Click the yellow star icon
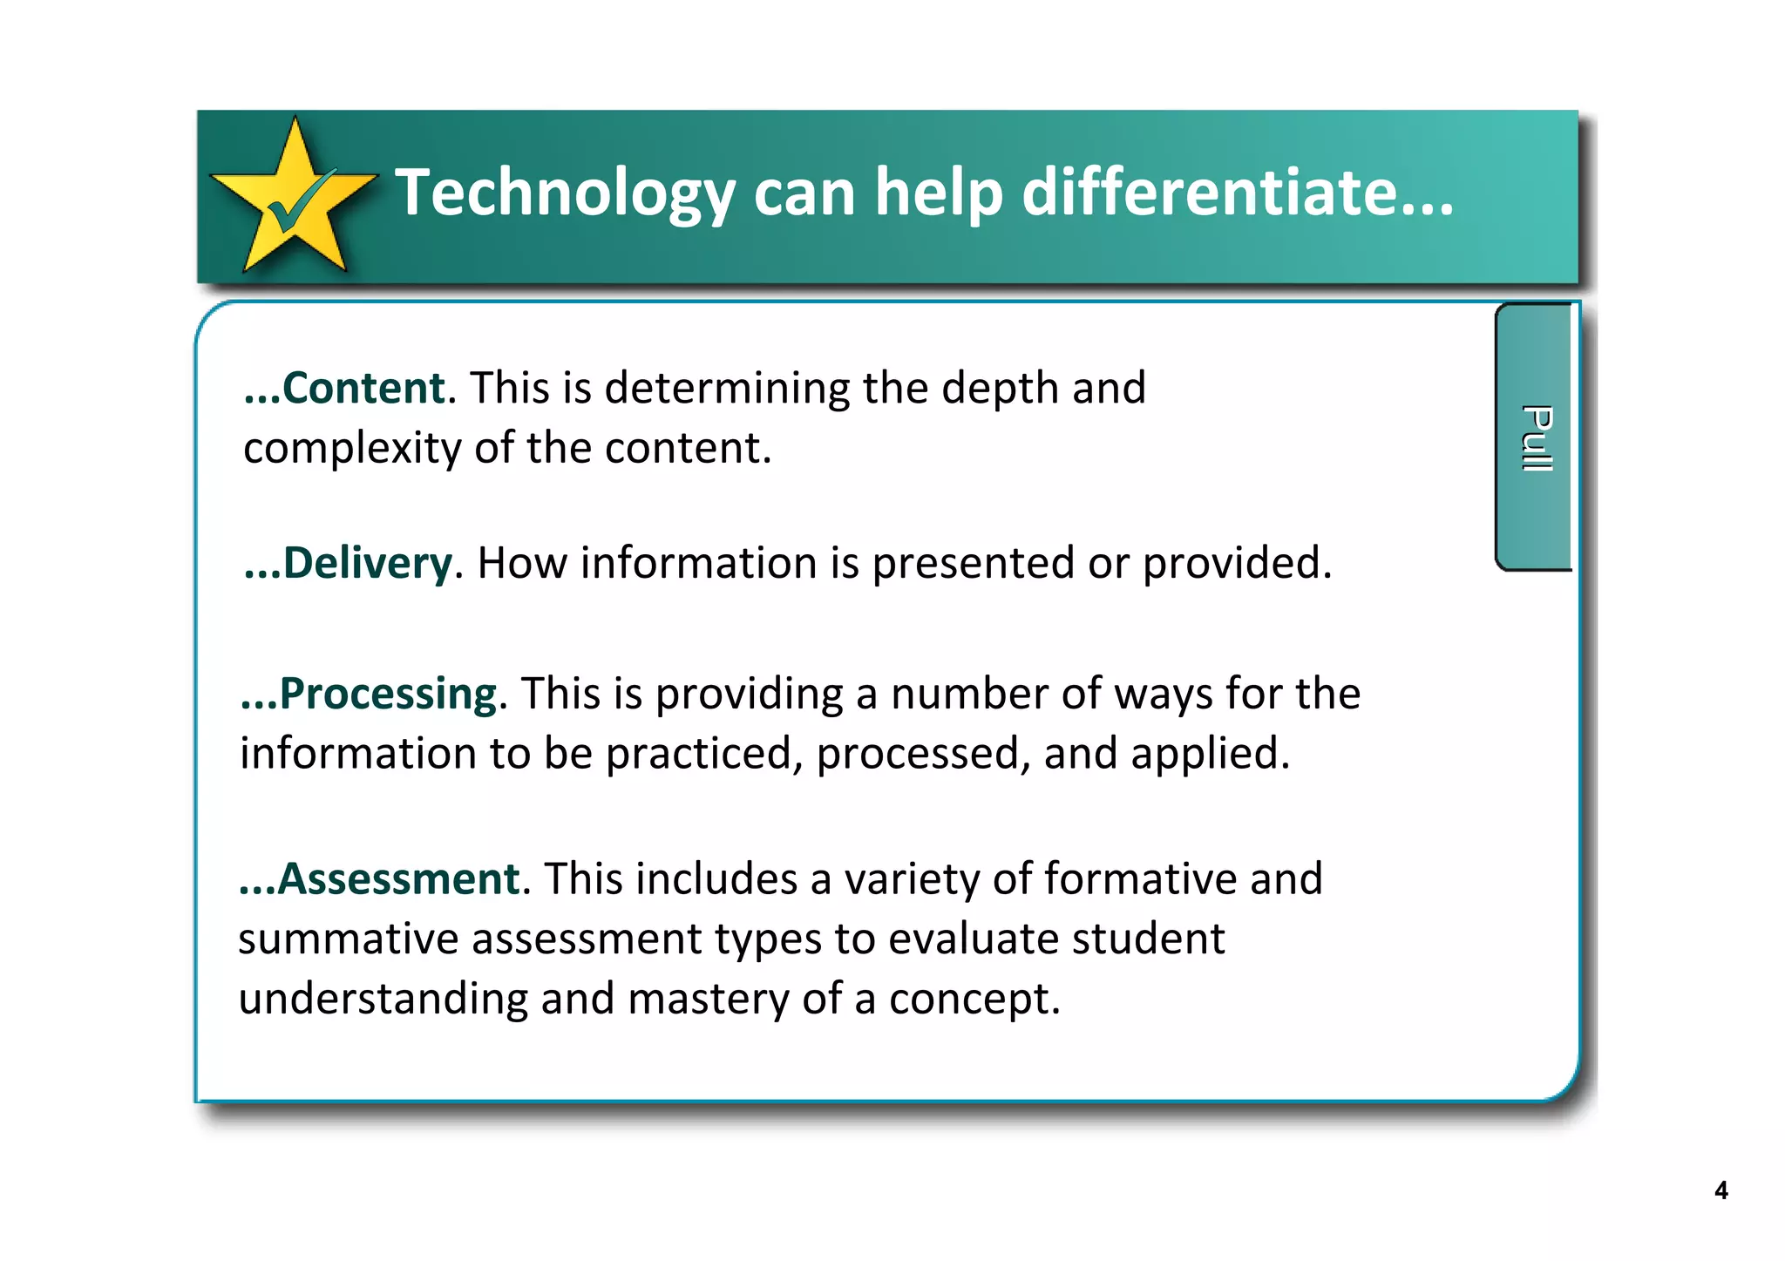click(294, 200)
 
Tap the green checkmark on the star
click(297, 202)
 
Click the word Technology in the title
click(565, 193)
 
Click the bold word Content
click(363, 388)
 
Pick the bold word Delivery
click(367, 563)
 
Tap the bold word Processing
click(388, 695)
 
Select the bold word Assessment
click(399, 878)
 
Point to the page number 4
click(1721, 1190)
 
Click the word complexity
click(352, 450)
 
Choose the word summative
click(348, 939)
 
